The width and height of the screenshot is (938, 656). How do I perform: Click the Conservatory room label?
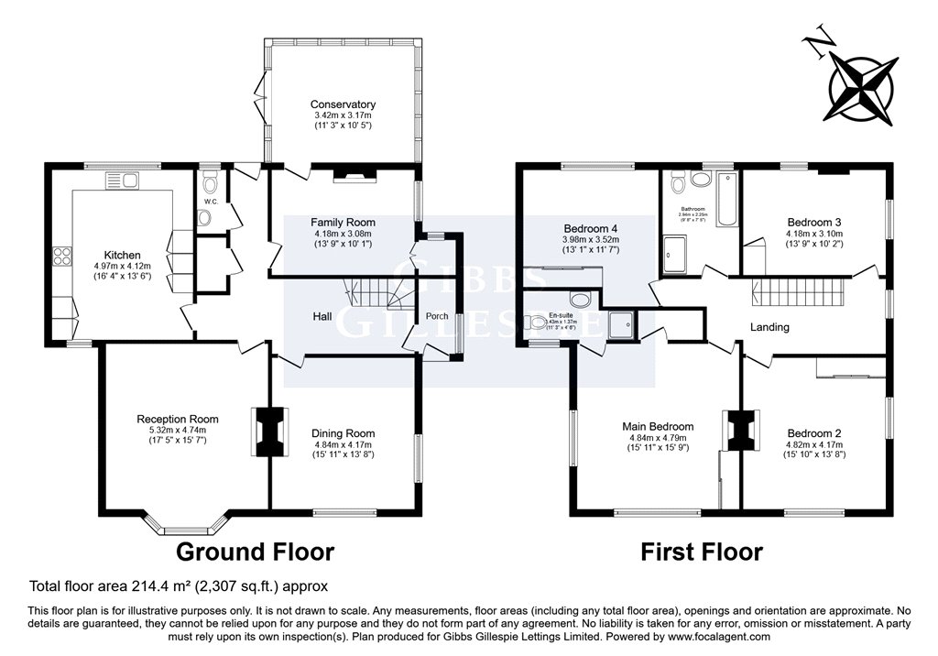343,104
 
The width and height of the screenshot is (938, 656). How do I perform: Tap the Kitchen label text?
122,255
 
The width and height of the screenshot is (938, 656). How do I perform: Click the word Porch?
438,316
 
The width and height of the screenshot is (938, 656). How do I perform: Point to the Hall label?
322,316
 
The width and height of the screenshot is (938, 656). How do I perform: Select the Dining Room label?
343,433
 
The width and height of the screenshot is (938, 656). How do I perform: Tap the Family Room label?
343,223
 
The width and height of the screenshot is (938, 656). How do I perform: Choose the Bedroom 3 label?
813,222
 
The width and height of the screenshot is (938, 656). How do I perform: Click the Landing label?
769,327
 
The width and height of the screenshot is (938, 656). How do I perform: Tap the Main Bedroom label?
657,426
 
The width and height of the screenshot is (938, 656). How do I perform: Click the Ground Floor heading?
255,552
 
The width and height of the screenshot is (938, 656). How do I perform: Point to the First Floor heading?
701,552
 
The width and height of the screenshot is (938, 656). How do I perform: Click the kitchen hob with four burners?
63,256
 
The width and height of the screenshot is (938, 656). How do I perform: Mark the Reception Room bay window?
183,525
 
